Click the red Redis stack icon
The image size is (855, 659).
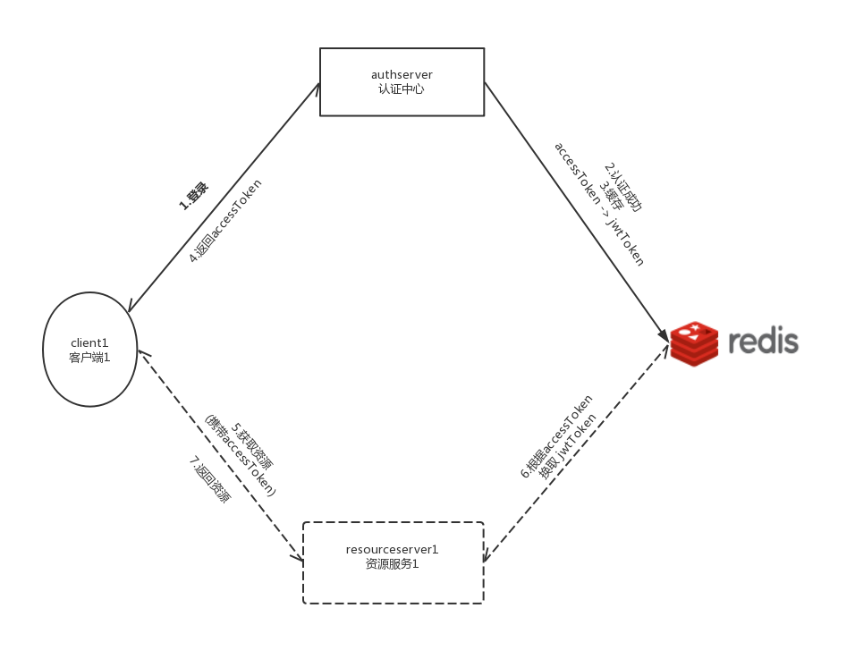pyautogui.click(x=694, y=343)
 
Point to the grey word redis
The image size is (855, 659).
pyautogui.click(x=762, y=342)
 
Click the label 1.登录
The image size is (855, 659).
pyautogui.click(x=193, y=195)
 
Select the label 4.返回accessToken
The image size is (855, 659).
pyautogui.click(x=225, y=220)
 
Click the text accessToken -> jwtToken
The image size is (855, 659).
pyautogui.click(x=598, y=204)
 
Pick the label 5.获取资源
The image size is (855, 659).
pyautogui.click(x=252, y=447)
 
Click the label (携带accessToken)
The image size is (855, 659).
pyautogui.click(x=240, y=456)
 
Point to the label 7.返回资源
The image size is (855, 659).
pyautogui.click(x=209, y=480)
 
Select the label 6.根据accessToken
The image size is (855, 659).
pyautogui.click(x=557, y=435)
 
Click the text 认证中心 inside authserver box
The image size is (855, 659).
pyautogui.click(x=402, y=89)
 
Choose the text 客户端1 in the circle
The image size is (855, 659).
pyautogui.click(x=89, y=357)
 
